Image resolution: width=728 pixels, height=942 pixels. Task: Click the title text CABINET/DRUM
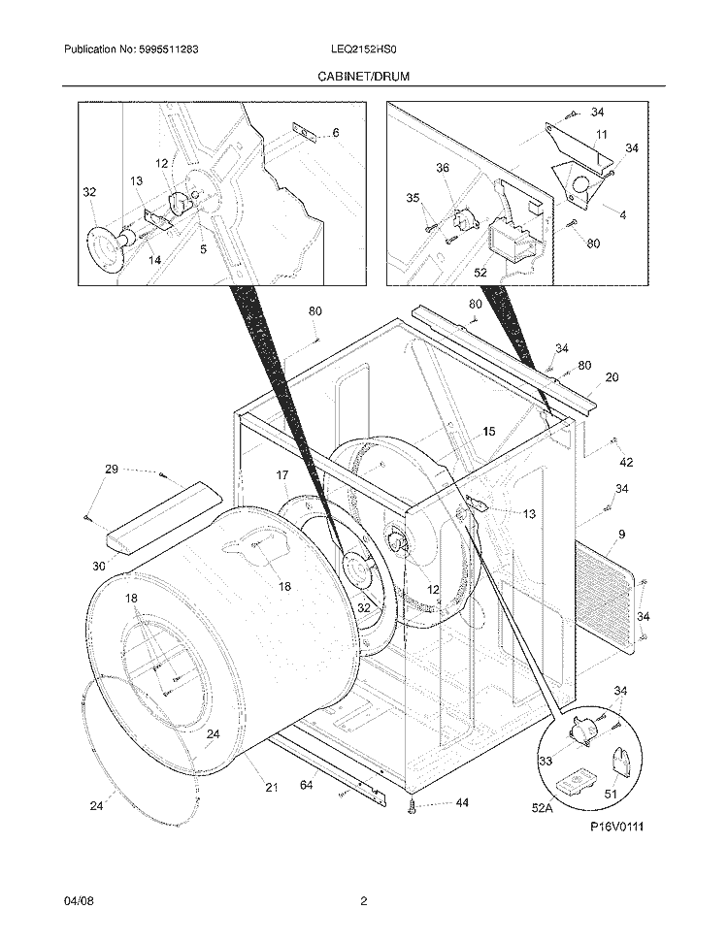pos(363,75)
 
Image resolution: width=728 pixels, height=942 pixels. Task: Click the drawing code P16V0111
pos(616,827)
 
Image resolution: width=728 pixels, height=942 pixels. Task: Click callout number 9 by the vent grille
pos(620,533)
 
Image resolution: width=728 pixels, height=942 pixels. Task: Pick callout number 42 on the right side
pos(626,462)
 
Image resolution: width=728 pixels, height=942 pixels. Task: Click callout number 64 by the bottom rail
pos(305,784)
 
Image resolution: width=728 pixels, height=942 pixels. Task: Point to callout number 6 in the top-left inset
pos(335,133)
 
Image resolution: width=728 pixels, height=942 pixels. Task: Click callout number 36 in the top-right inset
pos(443,168)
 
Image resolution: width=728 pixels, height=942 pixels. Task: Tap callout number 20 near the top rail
pos(612,377)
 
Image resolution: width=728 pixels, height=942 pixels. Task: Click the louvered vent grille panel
pos(607,594)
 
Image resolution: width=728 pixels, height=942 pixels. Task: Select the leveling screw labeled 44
pos(414,803)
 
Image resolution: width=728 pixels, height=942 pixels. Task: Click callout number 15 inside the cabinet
pos(487,431)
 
